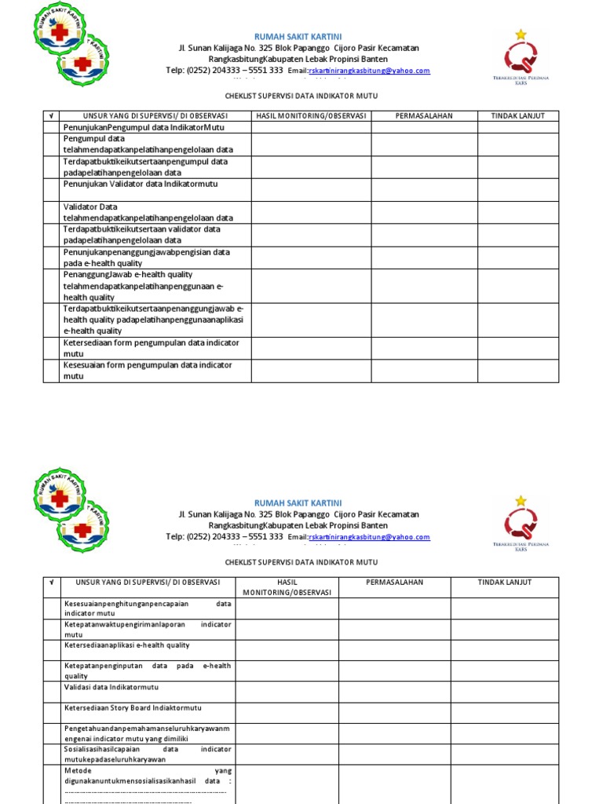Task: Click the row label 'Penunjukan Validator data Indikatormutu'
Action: click(141, 184)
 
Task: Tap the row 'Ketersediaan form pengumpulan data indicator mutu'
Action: click(152, 349)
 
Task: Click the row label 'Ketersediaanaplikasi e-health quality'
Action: click(126, 645)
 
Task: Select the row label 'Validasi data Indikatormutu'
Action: click(107, 686)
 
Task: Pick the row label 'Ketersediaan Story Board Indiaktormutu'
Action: click(133, 707)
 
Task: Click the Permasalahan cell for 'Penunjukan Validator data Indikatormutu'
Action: click(424, 189)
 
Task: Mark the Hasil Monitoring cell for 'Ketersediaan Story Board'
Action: click(287, 712)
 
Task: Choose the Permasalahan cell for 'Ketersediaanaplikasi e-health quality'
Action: click(394, 649)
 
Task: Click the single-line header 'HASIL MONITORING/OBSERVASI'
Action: click(311, 116)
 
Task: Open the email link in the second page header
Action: click(370, 538)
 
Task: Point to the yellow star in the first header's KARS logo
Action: click(521, 34)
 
